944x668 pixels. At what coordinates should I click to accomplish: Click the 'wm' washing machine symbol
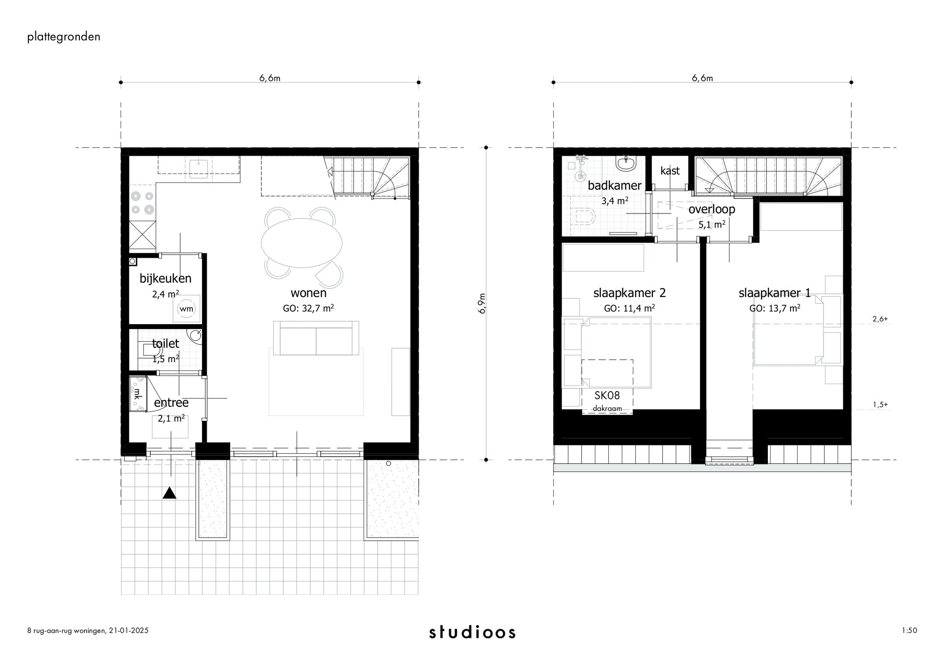(x=186, y=309)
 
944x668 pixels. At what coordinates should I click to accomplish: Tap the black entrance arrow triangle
(x=169, y=493)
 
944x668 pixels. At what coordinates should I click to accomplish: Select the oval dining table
(x=302, y=242)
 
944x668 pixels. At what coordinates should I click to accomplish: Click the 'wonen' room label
(x=309, y=293)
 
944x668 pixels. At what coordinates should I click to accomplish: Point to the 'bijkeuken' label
(x=165, y=278)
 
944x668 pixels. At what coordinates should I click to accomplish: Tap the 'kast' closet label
(x=670, y=171)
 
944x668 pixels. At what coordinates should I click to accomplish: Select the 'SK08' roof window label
(x=607, y=395)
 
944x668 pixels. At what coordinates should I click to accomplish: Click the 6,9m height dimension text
(x=482, y=304)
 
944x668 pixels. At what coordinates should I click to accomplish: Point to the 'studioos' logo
(x=472, y=632)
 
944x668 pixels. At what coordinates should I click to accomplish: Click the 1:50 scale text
(x=909, y=630)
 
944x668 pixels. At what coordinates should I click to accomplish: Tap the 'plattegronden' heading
(x=64, y=37)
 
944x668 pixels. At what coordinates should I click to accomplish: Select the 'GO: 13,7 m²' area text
(x=774, y=308)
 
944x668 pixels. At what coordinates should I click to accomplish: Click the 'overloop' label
(x=711, y=209)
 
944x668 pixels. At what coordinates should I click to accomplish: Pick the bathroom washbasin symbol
(x=626, y=164)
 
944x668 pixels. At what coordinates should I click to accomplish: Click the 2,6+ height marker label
(x=880, y=319)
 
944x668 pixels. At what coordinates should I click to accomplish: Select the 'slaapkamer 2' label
(x=629, y=293)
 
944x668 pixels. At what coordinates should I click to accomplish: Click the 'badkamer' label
(x=614, y=185)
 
